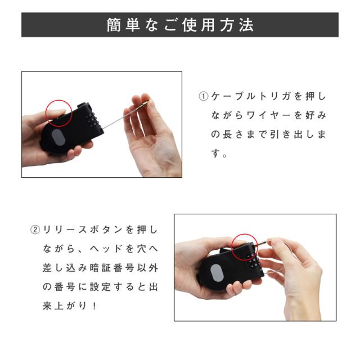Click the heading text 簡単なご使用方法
(180, 25)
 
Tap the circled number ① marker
(204, 96)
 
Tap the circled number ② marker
(35, 230)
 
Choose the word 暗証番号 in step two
(101, 268)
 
